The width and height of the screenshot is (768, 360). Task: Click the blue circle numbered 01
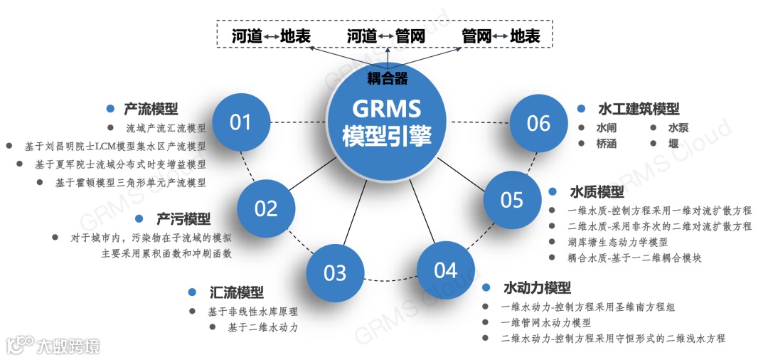(x=240, y=122)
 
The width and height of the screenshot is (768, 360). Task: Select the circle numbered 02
(x=266, y=208)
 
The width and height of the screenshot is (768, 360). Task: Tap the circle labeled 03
(x=335, y=273)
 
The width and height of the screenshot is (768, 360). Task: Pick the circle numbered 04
(x=445, y=270)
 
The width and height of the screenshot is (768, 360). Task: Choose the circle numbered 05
(x=512, y=200)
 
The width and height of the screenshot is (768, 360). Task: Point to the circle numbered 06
(x=538, y=123)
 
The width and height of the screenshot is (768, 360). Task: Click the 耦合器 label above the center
(x=388, y=77)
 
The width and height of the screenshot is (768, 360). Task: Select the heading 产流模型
(x=151, y=109)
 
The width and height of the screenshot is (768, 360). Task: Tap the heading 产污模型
(x=183, y=218)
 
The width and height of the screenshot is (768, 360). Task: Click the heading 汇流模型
(x=237, y=292)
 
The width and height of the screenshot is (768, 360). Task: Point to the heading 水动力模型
(x=537, y=288)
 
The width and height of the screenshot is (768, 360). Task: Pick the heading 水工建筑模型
(x=639, y=109)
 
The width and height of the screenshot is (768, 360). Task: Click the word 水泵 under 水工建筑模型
(x=678, y=129)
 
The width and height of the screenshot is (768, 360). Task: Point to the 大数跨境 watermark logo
(x=53, y=346)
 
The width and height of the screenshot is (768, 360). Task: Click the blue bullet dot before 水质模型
(x=552, y=192)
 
